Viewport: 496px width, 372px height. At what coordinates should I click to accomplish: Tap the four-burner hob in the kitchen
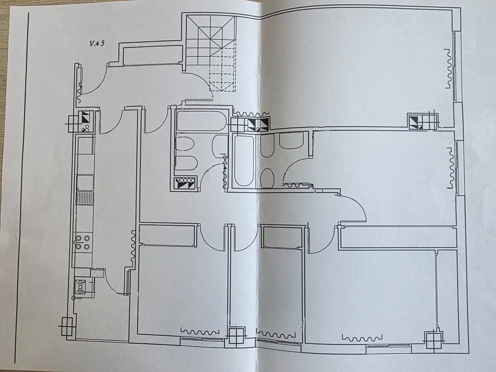pyautogui.click(x=82, y=242)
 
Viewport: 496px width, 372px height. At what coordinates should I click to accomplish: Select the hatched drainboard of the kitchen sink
pyautogui.click(x=84, y=198)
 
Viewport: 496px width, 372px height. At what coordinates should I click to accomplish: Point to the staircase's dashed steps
pyautogui.click(x=223, y=70)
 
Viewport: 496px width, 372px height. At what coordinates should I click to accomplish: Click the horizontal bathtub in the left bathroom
pyautogui.click(x=201, y=121)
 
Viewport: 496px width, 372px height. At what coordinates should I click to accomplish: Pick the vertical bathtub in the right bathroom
pyautogui.click(x=244, y=160)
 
